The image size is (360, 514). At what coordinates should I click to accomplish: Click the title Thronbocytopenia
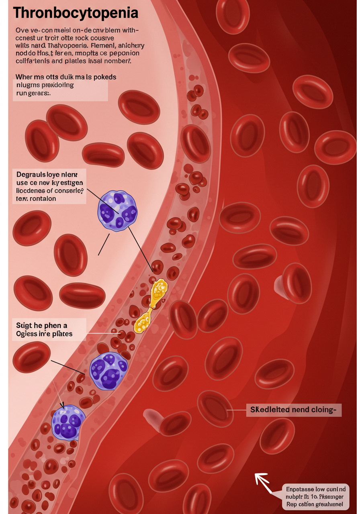point(76,13)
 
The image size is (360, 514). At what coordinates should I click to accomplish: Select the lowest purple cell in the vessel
point(68,422)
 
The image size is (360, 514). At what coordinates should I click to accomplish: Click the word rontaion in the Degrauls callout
point(42,198)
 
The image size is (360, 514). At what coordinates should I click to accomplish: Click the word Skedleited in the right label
point(270,410)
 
